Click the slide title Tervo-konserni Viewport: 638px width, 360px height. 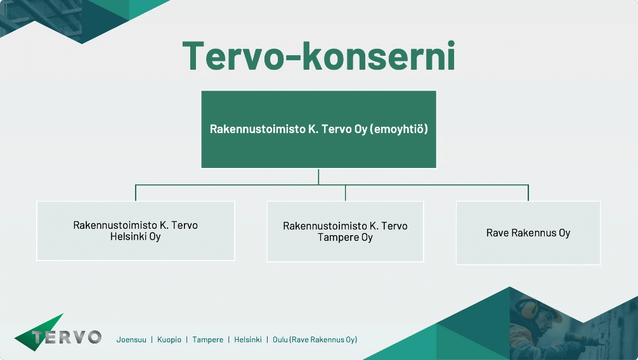pyautogui.click(x=318, y=56)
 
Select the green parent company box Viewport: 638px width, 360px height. pyautogui.click(x=318, y=129)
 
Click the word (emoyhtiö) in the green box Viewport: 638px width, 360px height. pyautogui.click(x=399, y=129)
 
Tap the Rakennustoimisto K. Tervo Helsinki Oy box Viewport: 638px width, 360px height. pyautogui.click(x=136, y=231)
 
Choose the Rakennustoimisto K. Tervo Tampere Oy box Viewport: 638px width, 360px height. pyautogui.click(x=345, y=231)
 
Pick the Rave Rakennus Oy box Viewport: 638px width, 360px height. pyautogui.click(x=528, y=233)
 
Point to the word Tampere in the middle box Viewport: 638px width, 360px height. pyautogui.click(x=335, y=238)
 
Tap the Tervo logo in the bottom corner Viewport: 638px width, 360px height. pyautogui.click(x=58, y=333)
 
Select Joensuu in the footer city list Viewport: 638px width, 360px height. pyautogui.click(x=131, y=340)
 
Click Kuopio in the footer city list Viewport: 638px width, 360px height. pyautogui.click(x=169, y=340)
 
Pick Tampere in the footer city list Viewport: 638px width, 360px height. pyautogui.click(x=207, y=340)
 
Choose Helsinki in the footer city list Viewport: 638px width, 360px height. pyautogui.click(x=248, y=340)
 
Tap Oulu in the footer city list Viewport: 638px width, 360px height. pyautogui.click(x=280, y=340)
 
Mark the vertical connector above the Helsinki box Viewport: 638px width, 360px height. pyautogui.click(x=136, y=193)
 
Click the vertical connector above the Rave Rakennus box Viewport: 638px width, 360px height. pyautogui.click(x=528, y=193)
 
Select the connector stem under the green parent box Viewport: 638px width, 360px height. pyautogui.click(x=318, y=176)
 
